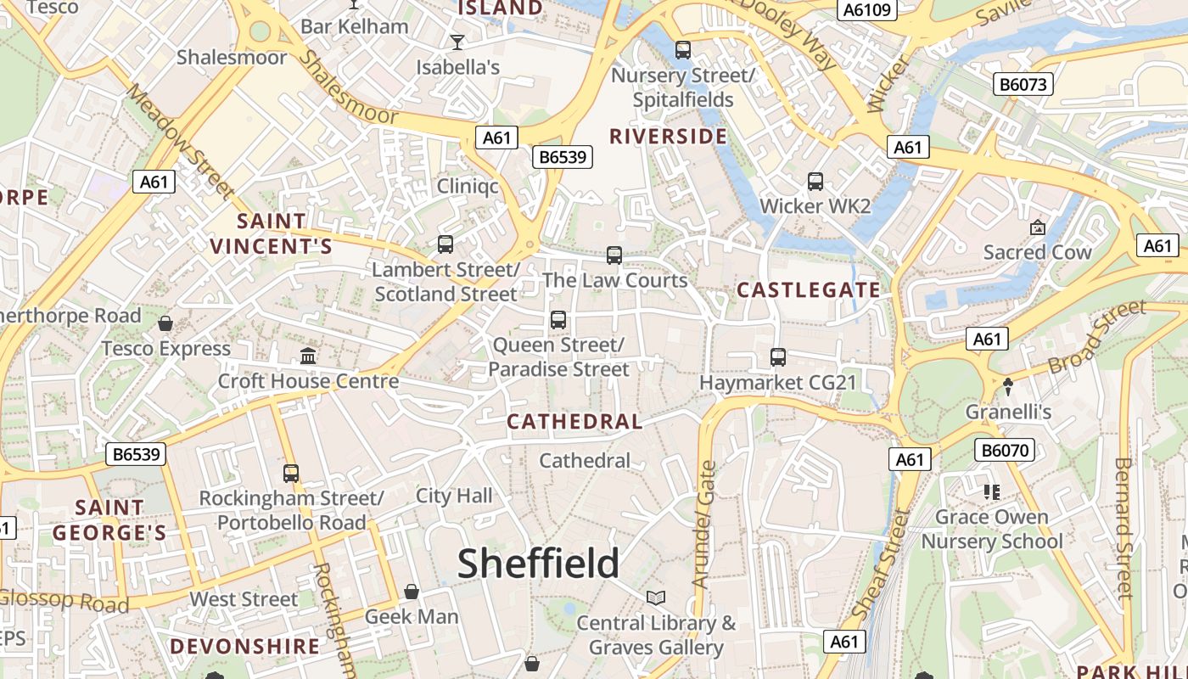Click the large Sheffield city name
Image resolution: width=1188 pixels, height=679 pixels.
539,564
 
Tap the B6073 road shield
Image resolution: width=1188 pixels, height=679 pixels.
1023,84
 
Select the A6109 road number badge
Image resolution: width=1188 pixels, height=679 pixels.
866,9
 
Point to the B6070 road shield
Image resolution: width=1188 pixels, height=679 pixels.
1006,450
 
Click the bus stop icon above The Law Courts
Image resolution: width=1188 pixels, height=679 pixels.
614,255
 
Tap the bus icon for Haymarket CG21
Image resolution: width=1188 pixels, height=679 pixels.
778,357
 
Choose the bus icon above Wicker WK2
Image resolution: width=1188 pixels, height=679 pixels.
815,181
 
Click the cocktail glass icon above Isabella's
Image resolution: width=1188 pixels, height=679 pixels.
457,42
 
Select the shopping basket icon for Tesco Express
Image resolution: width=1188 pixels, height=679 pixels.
165,323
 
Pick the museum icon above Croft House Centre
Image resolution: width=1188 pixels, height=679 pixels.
308,356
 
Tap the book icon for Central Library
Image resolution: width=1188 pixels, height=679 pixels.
655,598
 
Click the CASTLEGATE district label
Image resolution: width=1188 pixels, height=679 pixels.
809,290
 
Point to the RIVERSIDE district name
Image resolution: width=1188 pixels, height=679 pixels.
669,137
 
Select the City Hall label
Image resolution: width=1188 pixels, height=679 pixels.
454,496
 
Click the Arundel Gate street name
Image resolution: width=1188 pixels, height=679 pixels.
704,525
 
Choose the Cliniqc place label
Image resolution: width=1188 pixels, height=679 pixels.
468,186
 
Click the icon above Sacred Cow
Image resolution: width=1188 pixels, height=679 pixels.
1037,227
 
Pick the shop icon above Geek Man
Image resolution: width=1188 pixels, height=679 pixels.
412,592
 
